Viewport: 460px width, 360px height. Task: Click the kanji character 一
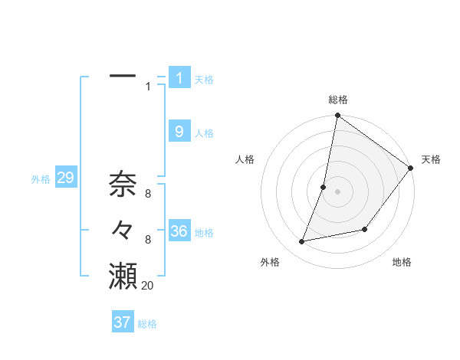pos(123,77)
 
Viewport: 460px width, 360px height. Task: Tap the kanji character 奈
pos(123,184)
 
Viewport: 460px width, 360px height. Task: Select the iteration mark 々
pos(123,230)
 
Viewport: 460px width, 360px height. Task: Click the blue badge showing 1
pos(179,77)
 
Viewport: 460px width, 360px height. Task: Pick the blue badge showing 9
pos(179,132)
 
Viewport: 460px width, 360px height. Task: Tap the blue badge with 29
pos(65,178)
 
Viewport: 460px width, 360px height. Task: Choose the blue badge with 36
pos(179,231)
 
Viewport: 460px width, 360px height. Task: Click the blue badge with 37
pos(123,322)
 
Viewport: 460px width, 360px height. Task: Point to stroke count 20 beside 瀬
pos(148,286)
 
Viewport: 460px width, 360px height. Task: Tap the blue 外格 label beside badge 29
pos(41,179)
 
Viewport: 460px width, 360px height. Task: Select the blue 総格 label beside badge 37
pos(147,324)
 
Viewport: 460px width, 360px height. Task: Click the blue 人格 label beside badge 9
pos(204,133)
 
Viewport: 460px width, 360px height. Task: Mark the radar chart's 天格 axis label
pos(431,159)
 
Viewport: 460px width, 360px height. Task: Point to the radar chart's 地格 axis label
pos(402,262)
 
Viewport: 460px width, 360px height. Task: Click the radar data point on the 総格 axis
pos(337,116)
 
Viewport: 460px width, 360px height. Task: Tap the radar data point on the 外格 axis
pos(302,242)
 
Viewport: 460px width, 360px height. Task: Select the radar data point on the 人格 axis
pos(324,187)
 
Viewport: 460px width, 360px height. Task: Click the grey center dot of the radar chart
pos(337,191)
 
